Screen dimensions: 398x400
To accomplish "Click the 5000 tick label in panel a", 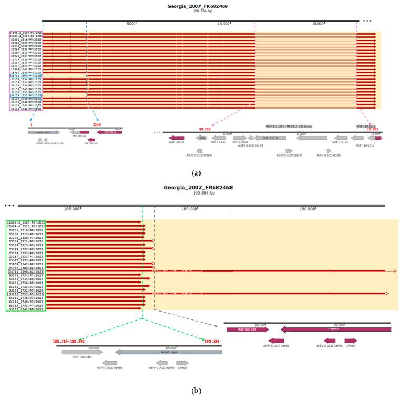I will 131,24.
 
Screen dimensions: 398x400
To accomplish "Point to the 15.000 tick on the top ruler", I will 316,24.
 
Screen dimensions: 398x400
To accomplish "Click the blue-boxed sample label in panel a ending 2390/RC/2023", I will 26,76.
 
